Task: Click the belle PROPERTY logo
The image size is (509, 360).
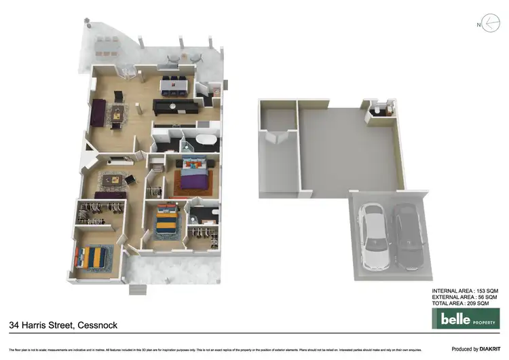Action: tap(466, 318)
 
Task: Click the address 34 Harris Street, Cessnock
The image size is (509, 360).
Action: tap(63, 325)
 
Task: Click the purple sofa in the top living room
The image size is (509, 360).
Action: tap(96, 113)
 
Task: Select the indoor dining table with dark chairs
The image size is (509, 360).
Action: tap(174, 86)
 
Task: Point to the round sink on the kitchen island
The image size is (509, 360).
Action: tap(172, 106)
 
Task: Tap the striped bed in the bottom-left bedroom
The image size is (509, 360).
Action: tap(91, 257)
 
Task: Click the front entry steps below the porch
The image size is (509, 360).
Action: tap(138, 290)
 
